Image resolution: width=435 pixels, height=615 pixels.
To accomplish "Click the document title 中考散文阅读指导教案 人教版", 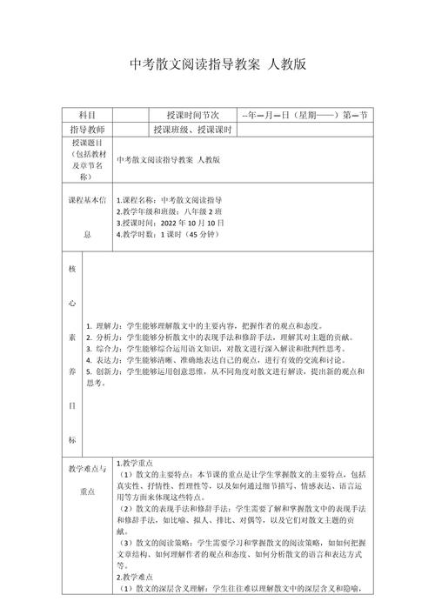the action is click(x=217, y=64).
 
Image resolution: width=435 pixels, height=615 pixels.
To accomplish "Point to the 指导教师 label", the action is click(x=88, y=130).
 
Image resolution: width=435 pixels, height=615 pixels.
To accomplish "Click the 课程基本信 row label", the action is click(x=88, y=199).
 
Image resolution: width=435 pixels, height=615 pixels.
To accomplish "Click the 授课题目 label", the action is click(x=88, y=142).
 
